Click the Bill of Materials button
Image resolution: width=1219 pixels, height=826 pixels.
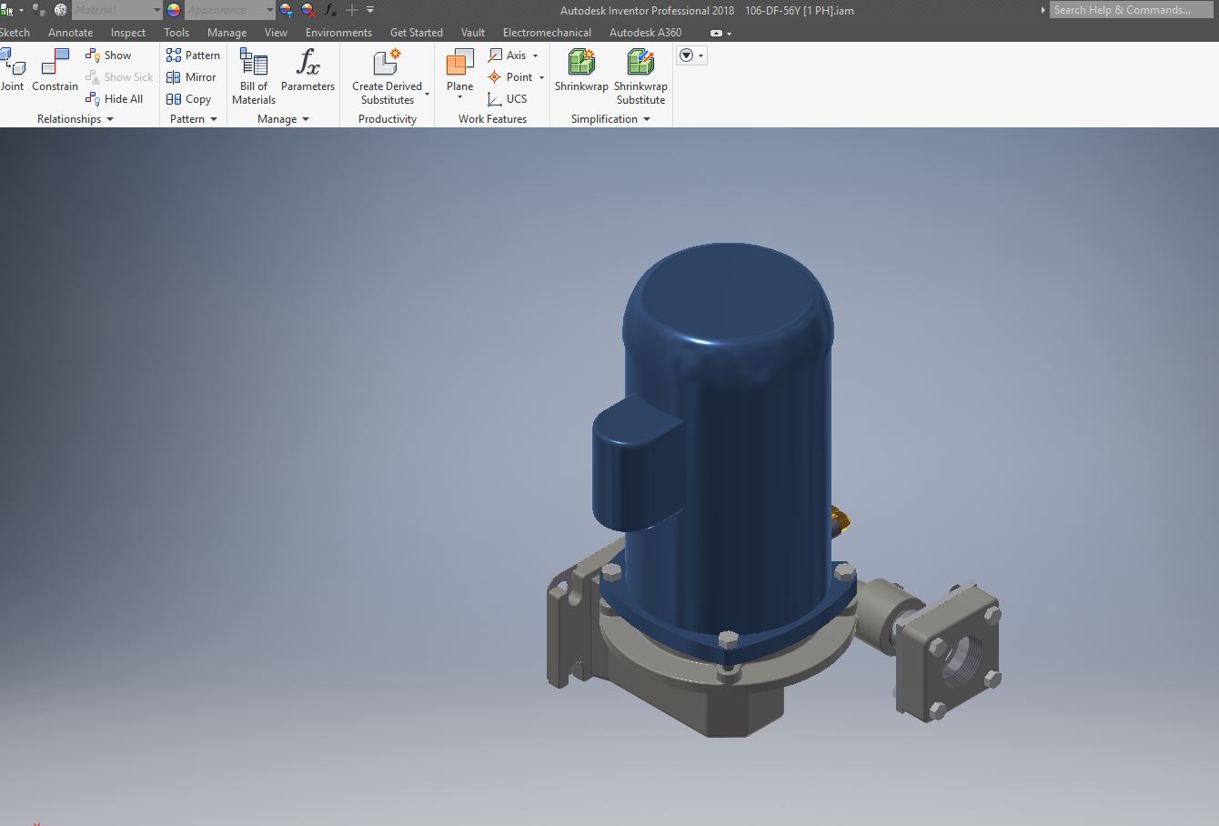pyautogui.click(x=253, y=76)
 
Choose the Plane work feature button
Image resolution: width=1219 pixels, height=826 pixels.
pyautogui.click(x=459, y=73)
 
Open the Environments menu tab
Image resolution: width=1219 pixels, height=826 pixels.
pyautogui.click(x=338, y=33)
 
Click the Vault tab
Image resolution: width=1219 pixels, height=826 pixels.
pyautogui.click(x=472, y=33)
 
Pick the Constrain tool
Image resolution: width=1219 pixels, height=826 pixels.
pyautogui.click(x=55, y=71)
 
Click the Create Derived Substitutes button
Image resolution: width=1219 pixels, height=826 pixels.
pyautogui.click(x=388, y=76)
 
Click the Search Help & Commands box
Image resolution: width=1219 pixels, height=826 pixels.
pyautogui.click(x=1128, y=10)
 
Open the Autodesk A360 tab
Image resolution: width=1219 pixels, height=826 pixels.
pyautogui.click(x=645, y=33)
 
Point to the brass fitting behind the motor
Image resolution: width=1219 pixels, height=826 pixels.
pyautogui.click(x=841, y=519)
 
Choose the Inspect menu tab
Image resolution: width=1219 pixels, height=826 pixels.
pyautogui.click(x=127, y=33)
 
